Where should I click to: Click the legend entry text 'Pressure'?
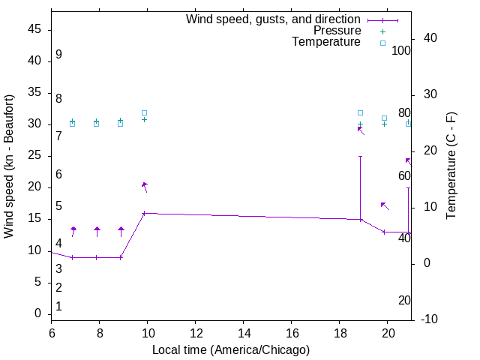337,31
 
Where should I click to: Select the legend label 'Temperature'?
326,42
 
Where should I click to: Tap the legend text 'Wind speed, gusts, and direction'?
273,19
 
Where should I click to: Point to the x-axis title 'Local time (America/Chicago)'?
231,349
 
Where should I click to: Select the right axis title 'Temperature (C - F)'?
451,166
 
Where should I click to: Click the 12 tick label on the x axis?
196,333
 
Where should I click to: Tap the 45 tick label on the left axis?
34,30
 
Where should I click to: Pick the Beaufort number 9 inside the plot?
58,55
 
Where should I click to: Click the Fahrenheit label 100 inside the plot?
401,51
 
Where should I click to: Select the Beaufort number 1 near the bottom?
58,307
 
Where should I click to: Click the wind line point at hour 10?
145,213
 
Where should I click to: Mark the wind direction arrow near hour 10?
145,187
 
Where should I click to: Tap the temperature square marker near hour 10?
145,112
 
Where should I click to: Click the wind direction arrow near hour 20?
385,205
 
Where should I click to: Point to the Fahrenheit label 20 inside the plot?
404,300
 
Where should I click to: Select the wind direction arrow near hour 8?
97,232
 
